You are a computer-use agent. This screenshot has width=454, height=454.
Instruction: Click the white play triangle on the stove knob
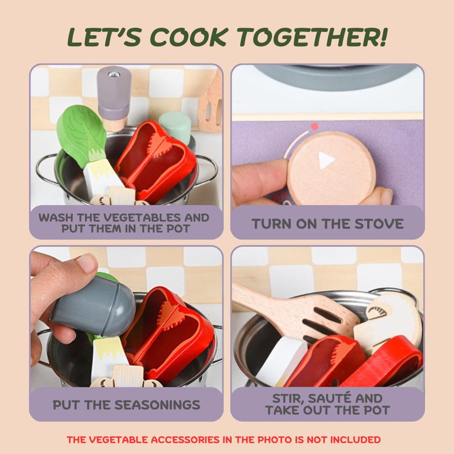[x=326, y=160]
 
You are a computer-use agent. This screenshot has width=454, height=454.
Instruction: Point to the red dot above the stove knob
[x=315, y=126]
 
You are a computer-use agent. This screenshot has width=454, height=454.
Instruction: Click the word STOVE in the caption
[x=379, y=224]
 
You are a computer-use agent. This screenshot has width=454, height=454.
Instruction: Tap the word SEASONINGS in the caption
[x=158, y=405]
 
